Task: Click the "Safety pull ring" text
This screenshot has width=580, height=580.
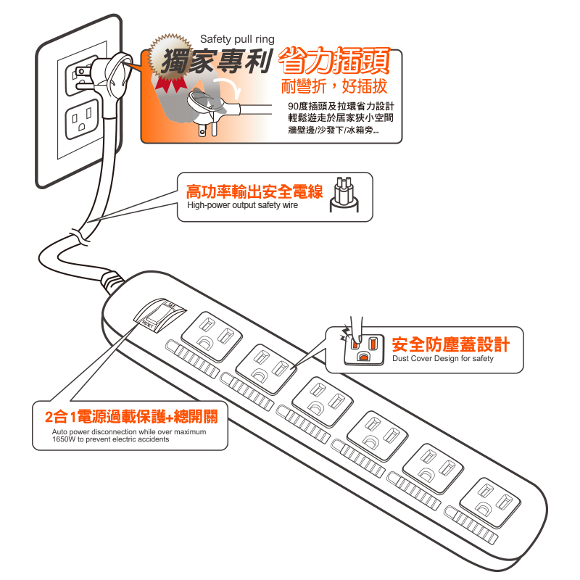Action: point(237,39)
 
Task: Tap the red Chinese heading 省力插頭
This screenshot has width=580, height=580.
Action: point(334,61)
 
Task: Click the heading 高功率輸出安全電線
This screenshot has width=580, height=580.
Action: point(254,191)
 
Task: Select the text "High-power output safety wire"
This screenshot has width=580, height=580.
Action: point(242,205)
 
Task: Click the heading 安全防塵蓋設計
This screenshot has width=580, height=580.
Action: point(451,344)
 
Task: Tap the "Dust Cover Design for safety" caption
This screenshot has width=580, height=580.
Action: point(443,358)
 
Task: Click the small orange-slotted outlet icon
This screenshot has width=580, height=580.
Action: point(364,349)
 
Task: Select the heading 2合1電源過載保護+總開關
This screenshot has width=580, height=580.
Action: point(131,417)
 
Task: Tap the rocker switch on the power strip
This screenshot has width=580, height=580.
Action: point(159,315)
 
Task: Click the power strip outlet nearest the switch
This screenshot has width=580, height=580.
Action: point(212,336)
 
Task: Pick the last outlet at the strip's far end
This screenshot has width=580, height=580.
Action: point(490,502)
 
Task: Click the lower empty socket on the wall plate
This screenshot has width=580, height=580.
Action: point(82,119)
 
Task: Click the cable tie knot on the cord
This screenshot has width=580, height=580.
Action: point(79,236)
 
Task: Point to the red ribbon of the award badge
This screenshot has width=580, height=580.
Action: point(170,84)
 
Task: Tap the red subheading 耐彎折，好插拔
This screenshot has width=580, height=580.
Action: point(334,86)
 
